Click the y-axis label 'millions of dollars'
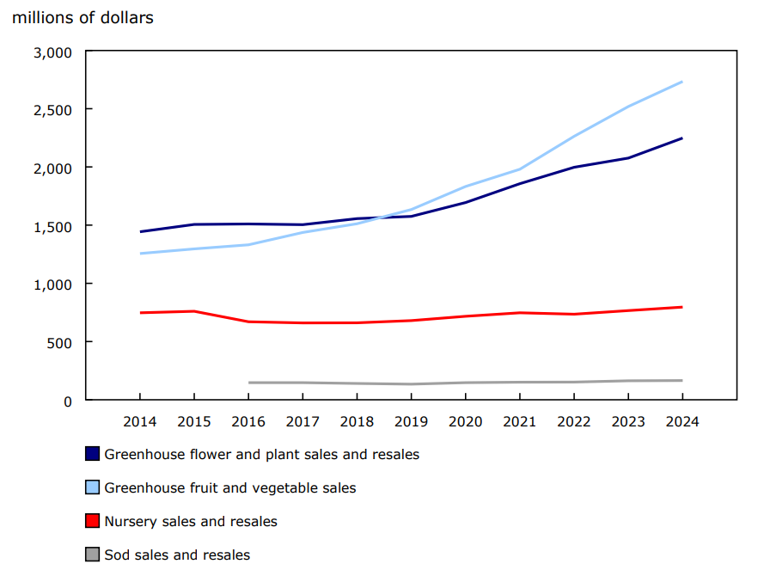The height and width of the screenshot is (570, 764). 83,17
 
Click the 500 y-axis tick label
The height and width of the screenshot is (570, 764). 61,342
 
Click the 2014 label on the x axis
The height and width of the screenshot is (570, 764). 139,422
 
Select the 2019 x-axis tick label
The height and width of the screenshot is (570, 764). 411,422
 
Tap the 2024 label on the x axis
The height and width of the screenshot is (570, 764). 682,422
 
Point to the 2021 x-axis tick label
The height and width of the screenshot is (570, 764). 519,422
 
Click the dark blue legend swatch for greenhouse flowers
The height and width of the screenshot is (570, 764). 93,454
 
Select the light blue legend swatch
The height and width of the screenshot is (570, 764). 93,487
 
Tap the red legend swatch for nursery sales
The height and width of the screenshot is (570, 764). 93,521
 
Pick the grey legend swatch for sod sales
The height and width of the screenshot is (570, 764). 93,555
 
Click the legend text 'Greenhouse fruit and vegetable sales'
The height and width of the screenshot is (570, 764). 229,487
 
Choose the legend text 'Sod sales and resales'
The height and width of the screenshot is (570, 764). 177,555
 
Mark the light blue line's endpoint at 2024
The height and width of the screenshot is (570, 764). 682,82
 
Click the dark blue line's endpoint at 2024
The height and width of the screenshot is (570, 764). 682,138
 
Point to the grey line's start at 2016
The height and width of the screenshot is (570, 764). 248,383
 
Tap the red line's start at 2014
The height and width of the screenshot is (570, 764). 139,313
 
